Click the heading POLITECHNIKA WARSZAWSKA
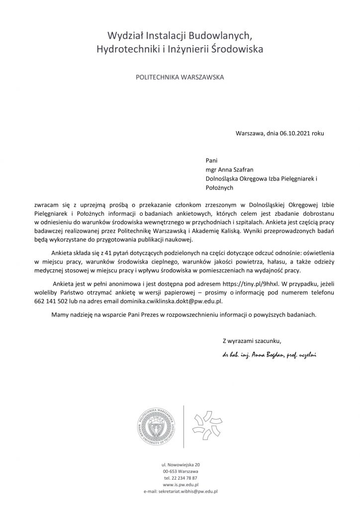180,78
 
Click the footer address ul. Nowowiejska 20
180,464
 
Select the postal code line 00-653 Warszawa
180,471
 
